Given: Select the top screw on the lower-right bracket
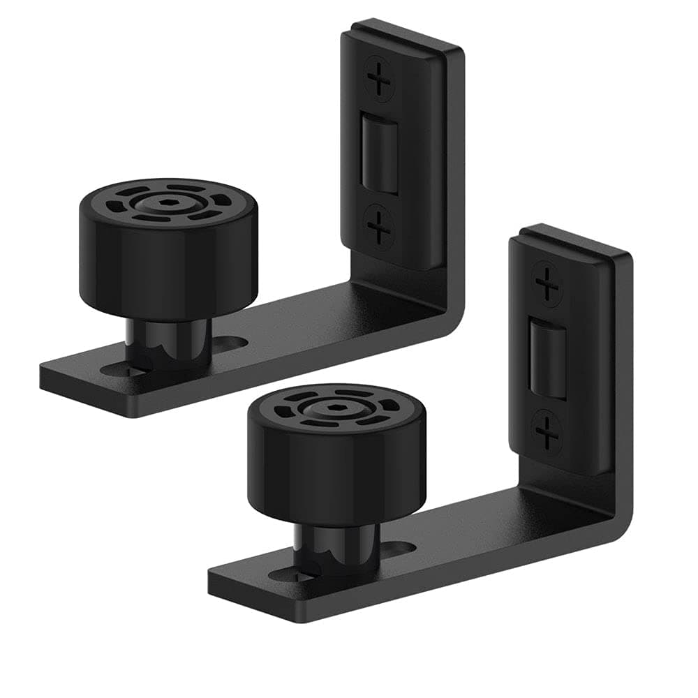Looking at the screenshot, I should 547,285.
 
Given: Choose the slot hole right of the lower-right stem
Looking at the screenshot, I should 398,549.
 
